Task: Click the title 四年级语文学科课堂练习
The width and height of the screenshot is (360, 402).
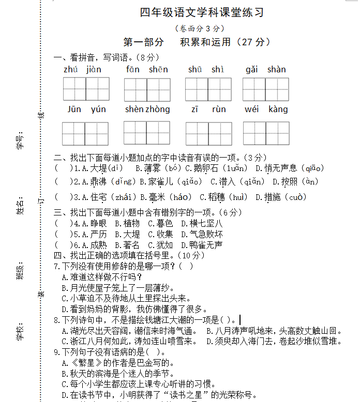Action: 202,12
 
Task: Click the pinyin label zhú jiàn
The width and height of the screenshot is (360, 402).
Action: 83,69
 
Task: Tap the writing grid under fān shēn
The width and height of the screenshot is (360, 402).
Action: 147,89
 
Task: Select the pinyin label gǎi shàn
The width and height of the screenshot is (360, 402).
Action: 266,69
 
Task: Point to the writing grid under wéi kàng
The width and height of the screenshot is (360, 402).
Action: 266,133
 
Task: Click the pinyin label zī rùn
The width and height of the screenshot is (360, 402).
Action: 208,109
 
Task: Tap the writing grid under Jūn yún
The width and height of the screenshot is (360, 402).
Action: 86,133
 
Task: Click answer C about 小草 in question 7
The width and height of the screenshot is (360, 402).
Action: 126,298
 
